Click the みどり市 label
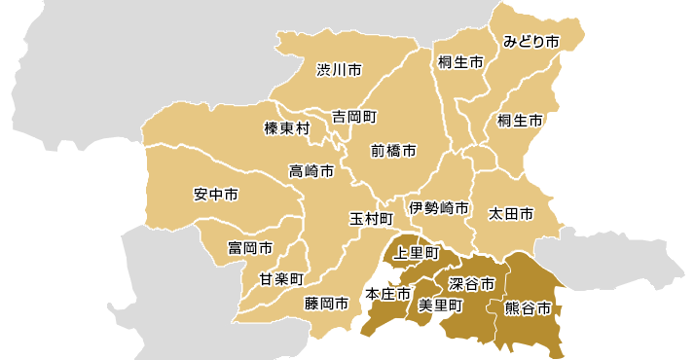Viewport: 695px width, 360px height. (531, 42)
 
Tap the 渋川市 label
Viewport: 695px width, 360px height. (339, 70)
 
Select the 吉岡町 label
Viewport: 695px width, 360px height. (353, 116)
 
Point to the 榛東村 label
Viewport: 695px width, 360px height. (287, 128)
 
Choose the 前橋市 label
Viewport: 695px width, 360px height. (393, 151)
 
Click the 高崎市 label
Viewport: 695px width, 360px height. (311, 171)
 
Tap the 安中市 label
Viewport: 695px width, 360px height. (216, 194)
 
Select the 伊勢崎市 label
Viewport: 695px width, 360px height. (439, 208)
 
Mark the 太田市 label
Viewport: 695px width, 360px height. (511, 212)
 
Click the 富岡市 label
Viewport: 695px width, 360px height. (250, 248)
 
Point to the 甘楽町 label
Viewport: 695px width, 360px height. (282, 279)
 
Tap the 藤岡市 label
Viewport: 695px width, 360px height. (326, 304)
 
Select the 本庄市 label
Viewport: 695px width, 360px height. (387, 294)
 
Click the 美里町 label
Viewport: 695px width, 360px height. (439, 305)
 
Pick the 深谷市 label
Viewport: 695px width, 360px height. (472, 283)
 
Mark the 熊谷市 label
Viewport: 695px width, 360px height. (529, 308)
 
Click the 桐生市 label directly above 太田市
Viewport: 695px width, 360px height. (520, 121)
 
